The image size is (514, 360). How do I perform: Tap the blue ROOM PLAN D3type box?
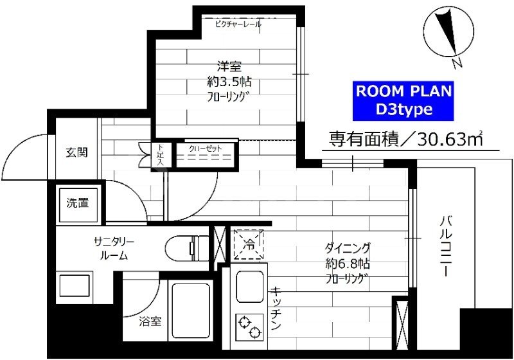click(404, 100)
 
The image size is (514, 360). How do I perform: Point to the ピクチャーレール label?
click(238, 24)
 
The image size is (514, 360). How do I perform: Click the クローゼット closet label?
click(206, 148)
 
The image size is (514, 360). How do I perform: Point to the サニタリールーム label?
click(113, 248)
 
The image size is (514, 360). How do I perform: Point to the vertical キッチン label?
click(274, 309)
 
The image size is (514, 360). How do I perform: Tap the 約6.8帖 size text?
click(347, 264)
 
